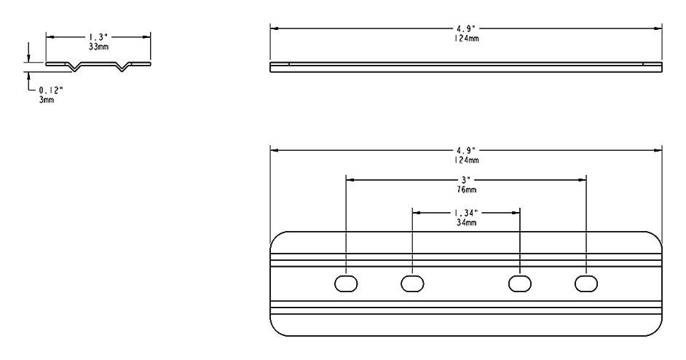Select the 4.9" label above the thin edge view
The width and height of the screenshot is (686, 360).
pyautogui.click(x=466, y=28)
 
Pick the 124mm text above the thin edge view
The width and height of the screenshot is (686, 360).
pyautogui.click(x=466, y=37)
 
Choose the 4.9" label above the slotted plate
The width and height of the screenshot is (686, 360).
pyautogui.click(x=466, y=150)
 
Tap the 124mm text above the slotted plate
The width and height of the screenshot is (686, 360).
pyautogui.click(x=466, y=160)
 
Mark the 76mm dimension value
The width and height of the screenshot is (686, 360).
pyautogui.click(x=466, y=188)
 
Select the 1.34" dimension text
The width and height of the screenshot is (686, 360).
pyautogui.click(x=466, y=212)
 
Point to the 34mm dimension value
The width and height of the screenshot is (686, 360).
pyautogui.click(x=466, y=222)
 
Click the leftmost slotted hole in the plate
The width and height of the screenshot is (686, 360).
pyautogui.click(x=346, y=283)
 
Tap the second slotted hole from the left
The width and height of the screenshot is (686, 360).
pyautogui.click(x=412, y=283)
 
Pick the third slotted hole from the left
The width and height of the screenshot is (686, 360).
pyautogui.click(x=519, y=283)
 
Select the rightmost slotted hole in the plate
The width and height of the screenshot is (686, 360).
pyautogui.click(x=586, y=283)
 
